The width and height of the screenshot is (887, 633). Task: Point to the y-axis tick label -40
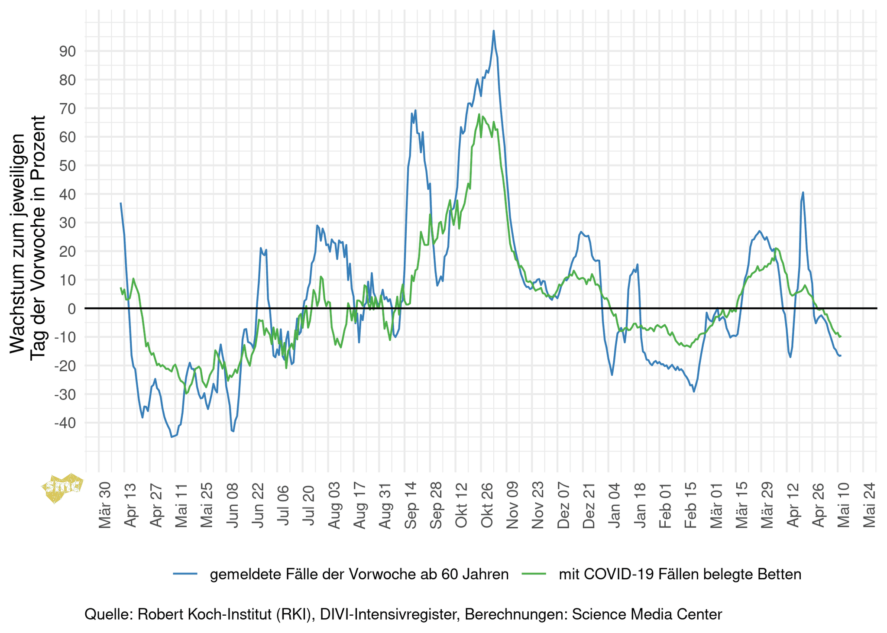point(65,423)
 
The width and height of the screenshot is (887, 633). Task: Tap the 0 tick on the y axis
point(71,309)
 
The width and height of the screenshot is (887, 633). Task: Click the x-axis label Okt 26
point(487,509)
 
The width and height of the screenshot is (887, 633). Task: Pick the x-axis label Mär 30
point(105,509)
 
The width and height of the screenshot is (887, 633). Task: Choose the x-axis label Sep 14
point(411,509)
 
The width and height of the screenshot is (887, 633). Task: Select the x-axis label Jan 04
point(615,509)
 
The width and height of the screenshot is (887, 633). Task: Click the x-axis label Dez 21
point(589,509)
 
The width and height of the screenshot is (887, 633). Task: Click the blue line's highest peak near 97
point(493,31)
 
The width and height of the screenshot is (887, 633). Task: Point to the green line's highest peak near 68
point(479,114)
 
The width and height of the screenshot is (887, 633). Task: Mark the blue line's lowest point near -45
point(172,437)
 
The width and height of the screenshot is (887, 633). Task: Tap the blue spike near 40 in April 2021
point(803,192)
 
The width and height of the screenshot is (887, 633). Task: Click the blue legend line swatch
point(185,574)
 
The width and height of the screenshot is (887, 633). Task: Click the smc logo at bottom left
point(62,487)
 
